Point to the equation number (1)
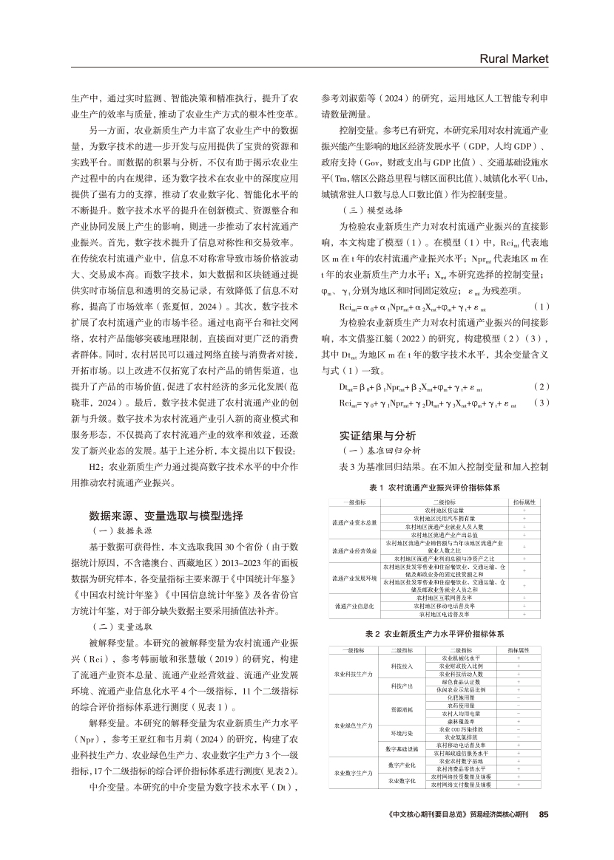pyautogui.click(x=542, y=306)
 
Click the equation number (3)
pyautogui.click(x=542, y=403)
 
